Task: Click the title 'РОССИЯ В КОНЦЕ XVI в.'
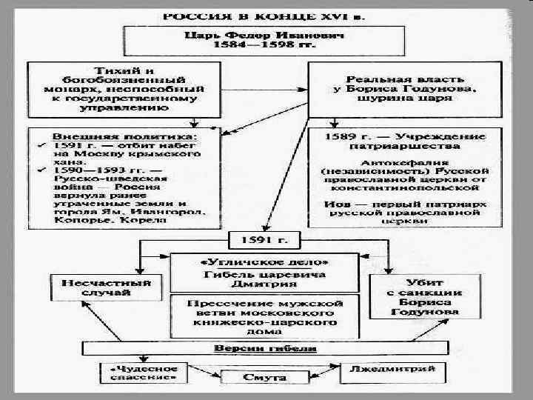tap(266, 14)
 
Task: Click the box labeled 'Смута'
tap(264, 378)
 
